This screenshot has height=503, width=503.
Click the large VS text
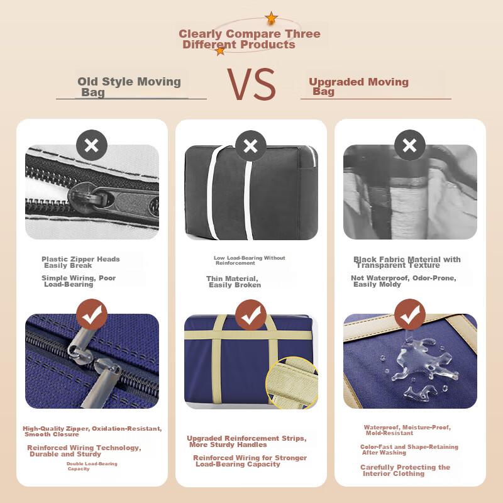pyautogui.click(x=251, y=84)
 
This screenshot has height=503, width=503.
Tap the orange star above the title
pyautogui.click(x=272, y=18)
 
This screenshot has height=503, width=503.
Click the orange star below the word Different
pyautogui.click(x=220, y=51)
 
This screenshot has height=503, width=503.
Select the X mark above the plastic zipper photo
pyautogui.click(x=92, y=145)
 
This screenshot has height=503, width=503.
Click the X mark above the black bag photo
pyautogui.click(x=250, y=146)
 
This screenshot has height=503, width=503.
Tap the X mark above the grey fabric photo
pyautogui.click(x=410, y=145)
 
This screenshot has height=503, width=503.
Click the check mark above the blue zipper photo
pyautogui.click(x=92, y=314)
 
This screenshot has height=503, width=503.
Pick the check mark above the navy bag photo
pyautogui.click(x=250, y=315)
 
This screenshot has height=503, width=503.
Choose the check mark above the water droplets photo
pyautogui.click(x=410, y=314)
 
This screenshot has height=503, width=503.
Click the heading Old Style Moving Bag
pyautogui.click(x=129, y=87)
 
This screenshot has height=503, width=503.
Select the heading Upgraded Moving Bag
pyautogui.click(x=358, y=86)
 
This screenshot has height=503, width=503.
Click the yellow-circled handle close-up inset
pyautogui.click(x=292, y=382)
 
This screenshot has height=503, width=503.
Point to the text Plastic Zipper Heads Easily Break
pyautogui.click(x=80, y=262)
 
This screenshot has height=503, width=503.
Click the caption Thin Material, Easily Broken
pyautogui.click(x=233, y=282)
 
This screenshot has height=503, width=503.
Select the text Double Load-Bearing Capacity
pyautogui.click(x=92, y=466)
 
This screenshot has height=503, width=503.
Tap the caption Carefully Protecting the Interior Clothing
pyautogui.click(x=405, y=470)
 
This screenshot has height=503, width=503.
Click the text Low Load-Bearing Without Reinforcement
pyautogui.click(x=250, y=260)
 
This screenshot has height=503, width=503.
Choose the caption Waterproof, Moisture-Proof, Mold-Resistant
pyautogui.click(x=407, y=430)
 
